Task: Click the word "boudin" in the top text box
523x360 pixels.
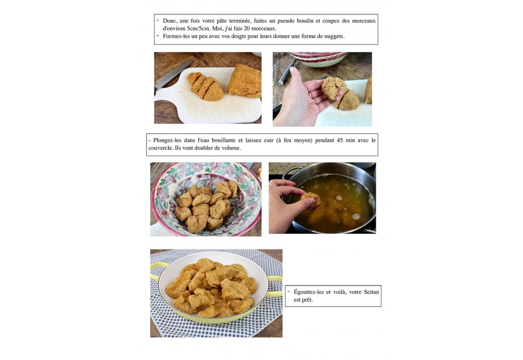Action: click(303, 20)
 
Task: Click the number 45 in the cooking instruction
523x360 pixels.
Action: click(340, 140)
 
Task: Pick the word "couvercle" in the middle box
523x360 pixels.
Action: click(160, 148)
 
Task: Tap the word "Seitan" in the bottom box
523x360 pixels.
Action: click(372, 292)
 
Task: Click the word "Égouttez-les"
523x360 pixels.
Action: click(308, 292)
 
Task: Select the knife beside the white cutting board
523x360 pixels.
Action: click(173, 76)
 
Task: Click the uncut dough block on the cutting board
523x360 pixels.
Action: click(245, 81)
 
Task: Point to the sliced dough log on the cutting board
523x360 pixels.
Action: click(205, 87)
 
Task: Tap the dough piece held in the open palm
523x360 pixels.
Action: click(333, 88)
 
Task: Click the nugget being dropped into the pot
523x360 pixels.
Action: click(311, 201)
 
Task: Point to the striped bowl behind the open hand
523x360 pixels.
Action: click(318, 59)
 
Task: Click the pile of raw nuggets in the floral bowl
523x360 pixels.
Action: click(206, 206)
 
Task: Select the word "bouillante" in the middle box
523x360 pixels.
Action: click(224, 140)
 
